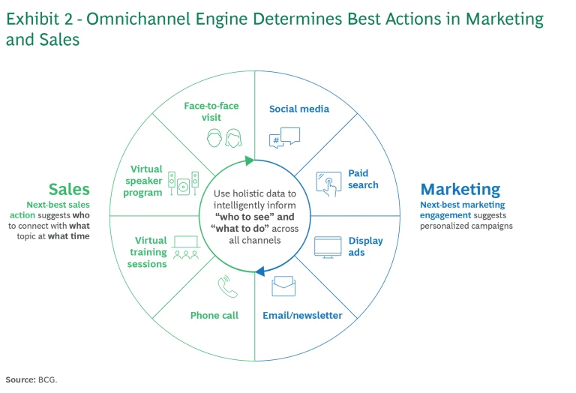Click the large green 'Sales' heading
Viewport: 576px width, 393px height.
[69, 190]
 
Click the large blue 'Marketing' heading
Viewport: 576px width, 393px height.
[460, 190]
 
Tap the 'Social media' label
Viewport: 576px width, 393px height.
[299, 109]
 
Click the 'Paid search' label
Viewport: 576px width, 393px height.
[363, 179]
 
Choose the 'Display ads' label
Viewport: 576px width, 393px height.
[366, 247]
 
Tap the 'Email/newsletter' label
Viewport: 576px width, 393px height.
[302, 316]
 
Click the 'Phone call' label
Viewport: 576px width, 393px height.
[214, 316]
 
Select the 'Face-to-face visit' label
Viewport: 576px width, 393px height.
[211, 112]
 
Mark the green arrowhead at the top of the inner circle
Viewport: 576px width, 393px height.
[249, 160]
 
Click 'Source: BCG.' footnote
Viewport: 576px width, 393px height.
[31, 379]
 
